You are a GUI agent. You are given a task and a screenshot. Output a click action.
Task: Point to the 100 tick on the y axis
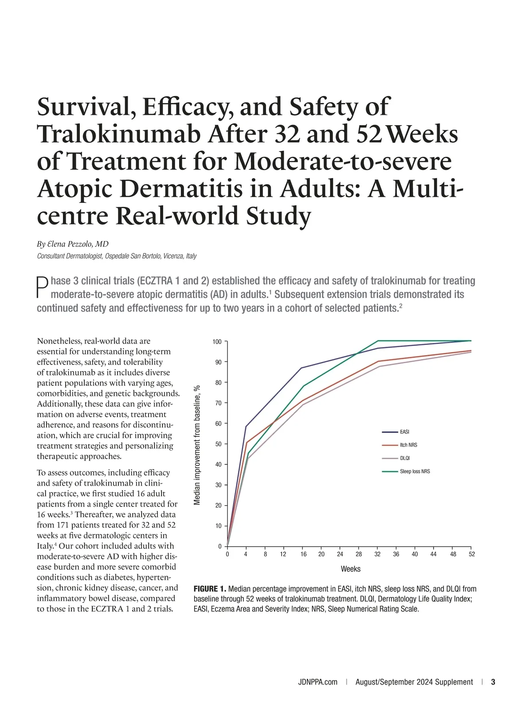tap(217, 342)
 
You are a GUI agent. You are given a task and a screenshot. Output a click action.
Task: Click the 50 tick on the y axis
tap(218, 444)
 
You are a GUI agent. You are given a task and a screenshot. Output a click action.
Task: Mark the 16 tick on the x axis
tap(303, 554)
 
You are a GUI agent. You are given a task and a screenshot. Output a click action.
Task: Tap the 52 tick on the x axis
tap(471, 554)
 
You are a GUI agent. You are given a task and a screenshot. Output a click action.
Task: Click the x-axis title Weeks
tap(350, 569)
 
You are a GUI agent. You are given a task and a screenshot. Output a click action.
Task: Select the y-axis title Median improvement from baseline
tap(198, 444)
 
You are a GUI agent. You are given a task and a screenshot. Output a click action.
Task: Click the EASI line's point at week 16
tap(302, 368)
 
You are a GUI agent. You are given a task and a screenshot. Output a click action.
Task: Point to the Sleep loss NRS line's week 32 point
tap(378, 341)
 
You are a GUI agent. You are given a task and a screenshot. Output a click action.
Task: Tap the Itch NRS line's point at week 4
tap(246, 442)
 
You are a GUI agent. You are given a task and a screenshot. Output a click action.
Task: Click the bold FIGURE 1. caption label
tap(210, 589)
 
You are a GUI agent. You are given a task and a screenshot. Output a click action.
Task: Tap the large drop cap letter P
tap(42, 288)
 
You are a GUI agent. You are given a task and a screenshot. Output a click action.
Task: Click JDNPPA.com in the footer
tap(317, 682)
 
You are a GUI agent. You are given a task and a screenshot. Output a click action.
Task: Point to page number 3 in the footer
tap(493, 682)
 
